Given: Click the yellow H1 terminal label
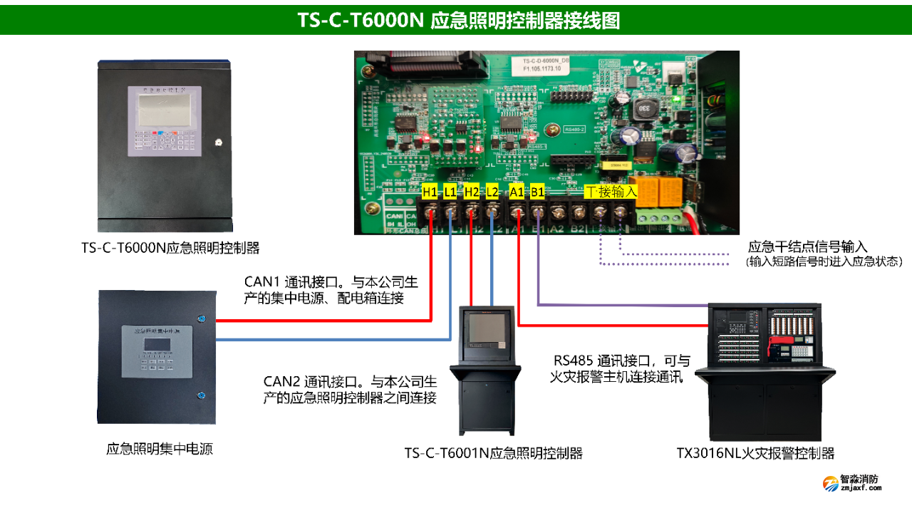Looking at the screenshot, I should [430, 192].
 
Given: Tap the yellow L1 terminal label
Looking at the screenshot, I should [450, 192].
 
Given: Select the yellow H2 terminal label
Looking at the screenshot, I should [472, 192].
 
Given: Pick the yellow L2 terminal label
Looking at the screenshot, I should [492, 192].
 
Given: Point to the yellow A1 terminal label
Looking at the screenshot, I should [517, 192].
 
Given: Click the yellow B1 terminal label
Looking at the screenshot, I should [537, 192].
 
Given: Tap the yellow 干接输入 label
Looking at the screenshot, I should [611, 192].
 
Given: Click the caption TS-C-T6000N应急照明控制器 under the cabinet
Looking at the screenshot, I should [170, 248].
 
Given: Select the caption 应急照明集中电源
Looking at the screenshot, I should [160, 449].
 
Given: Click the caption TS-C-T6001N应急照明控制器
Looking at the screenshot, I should [494, 453].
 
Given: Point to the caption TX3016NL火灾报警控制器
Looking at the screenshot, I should [755, 453].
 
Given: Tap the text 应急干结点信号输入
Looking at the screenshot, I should [807, 247].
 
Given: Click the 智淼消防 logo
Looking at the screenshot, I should [852, 483].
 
